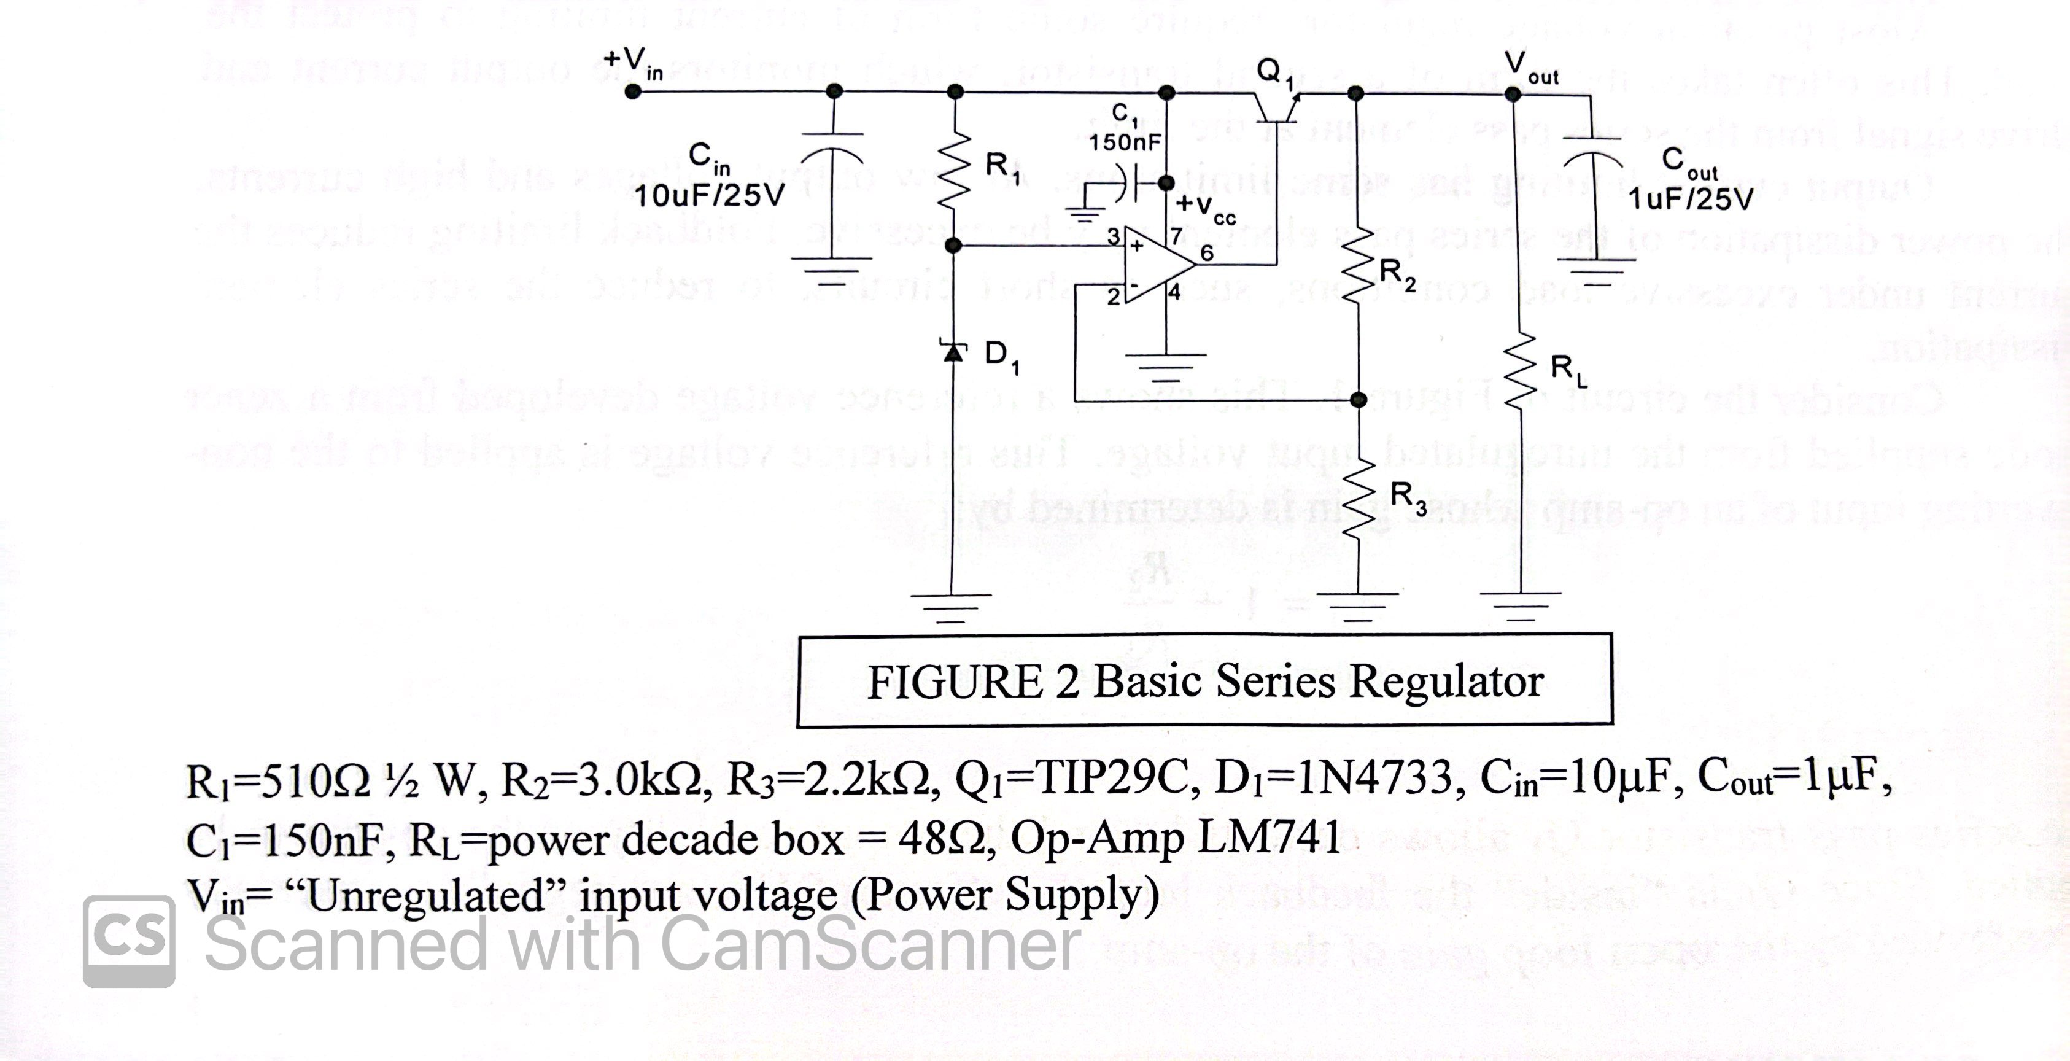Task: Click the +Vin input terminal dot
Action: (x=633, y=91)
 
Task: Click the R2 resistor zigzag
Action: (x=1357, y=263)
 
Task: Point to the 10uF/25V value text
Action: (x=710, y=196)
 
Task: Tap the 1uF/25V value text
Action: (x=1691, y=200)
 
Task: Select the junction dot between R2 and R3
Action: (x=1358, y=400)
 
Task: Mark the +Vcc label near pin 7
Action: (x=1206, y=208)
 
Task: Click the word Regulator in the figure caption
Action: (x=1446, y=682)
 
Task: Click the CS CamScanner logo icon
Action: (x=128, y=941)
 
